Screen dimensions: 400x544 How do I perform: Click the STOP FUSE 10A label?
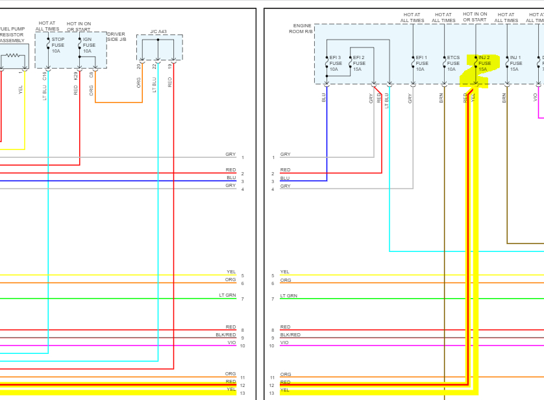[58, 45]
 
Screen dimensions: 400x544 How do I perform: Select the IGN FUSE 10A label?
[89, 45]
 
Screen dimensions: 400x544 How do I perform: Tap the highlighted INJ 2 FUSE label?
[484, 63]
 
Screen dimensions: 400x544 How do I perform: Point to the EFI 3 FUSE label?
[335, 63]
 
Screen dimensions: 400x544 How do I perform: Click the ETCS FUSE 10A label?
[453, 63]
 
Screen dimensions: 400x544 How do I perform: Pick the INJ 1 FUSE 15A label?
[515, 63]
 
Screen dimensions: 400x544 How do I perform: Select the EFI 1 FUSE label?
[421, 63]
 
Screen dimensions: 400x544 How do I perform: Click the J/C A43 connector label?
[158, 31]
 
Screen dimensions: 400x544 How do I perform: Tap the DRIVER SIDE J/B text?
[116, 37]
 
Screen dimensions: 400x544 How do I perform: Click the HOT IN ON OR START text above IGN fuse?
[79, 27]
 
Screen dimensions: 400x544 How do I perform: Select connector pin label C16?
[45, 77]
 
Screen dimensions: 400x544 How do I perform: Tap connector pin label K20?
[76, 76]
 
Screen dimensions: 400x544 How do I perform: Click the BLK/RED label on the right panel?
[290, 334]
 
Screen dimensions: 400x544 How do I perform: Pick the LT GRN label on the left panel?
[227, 295]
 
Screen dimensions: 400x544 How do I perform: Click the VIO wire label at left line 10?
[232, 342]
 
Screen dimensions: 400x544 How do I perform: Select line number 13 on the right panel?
[273, 393]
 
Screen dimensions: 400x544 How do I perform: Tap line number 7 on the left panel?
[242, 299]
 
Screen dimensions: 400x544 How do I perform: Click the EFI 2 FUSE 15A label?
[358, 63]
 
